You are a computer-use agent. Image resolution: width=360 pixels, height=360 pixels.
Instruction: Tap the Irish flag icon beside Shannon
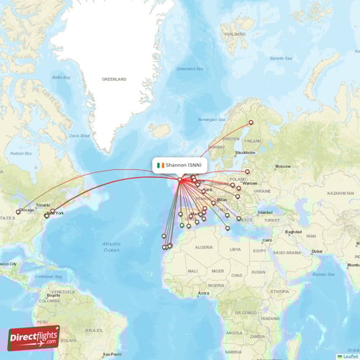pyautogui.click(x=161, y=165)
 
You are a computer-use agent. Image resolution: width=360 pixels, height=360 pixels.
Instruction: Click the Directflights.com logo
pyautogui.click(x=33, y=337)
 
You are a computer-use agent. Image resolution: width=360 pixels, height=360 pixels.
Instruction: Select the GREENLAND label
pyautogui.click(x=114, y=78)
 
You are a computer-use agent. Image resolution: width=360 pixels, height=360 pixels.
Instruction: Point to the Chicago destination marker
pyautogui.click(x=18, y=212)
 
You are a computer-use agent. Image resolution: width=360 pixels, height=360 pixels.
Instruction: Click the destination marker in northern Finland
pyautogui.click(x=251, y=122)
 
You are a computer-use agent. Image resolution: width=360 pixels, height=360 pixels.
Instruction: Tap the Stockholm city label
pyautogui.click(x=246, y=153)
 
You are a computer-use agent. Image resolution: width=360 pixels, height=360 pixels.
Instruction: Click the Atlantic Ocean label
pyautogui.click(x=112, y=246)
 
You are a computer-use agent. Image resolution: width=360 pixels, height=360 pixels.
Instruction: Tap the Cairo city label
pyautogui.click(x=267, y=239)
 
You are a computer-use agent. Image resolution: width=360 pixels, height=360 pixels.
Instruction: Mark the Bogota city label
pyautogui.click(x=53, y=295)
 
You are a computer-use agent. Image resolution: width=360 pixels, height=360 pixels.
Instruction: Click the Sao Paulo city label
pyautogui.click(x=112, y=354)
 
